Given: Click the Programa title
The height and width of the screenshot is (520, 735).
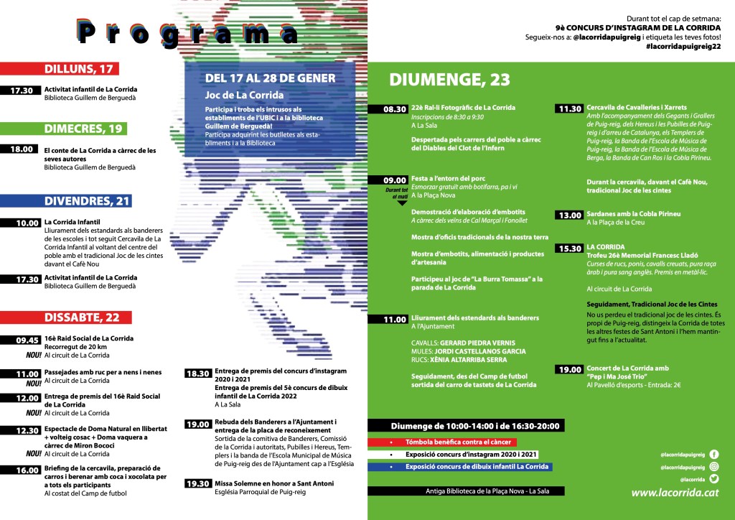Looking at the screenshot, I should [x=188, y=32].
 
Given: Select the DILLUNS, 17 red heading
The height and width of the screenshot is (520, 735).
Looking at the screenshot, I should [x=79, y=69].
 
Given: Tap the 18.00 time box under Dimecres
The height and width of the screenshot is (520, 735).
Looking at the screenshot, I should [x=22, y=150].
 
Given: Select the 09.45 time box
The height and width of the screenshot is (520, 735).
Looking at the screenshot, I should [x=22, y=340].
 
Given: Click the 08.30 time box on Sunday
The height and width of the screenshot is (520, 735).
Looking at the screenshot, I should [x=394, y=109].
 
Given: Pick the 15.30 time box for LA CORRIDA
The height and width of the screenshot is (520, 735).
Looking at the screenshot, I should [x=569, y=249].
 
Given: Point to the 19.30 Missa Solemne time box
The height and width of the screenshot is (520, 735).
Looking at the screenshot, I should [x=198, y=483].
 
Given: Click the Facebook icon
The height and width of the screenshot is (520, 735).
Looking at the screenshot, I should [x=713, y=454].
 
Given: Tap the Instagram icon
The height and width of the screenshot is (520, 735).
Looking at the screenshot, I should [x=713, y=467].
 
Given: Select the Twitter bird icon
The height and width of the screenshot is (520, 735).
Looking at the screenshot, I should [x=713, y=479].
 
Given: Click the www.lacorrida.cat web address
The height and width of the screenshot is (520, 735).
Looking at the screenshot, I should [x=675, y=493].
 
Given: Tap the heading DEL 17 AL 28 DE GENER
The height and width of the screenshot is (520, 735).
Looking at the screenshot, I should [x=270, y=78].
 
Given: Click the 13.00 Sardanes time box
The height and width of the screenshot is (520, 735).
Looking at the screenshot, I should [x=569, y=215].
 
